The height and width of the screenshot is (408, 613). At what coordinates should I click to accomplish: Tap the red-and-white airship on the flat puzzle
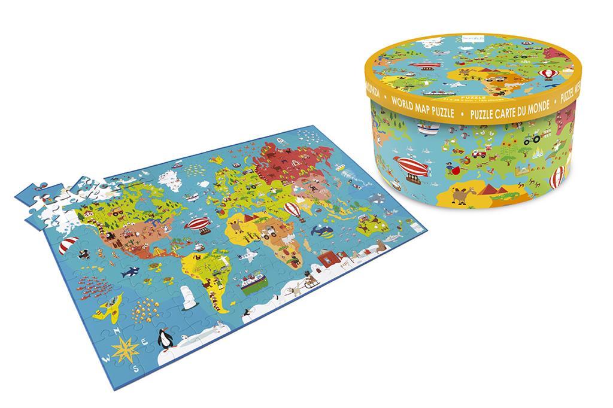click(x=197, y=225)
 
